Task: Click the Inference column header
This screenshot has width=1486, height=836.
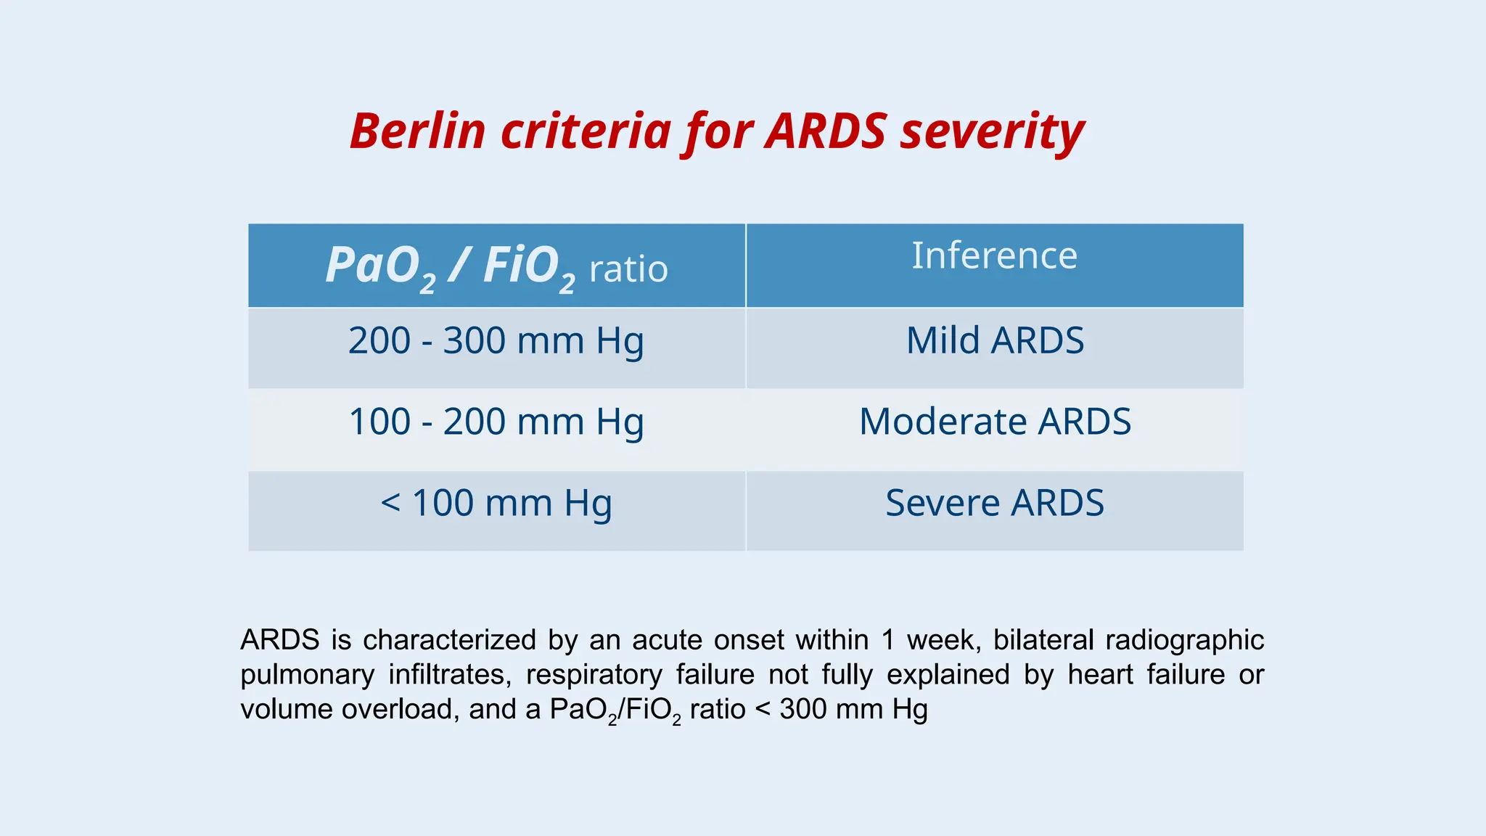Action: point(994,255)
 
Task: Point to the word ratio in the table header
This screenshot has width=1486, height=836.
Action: point(628,269)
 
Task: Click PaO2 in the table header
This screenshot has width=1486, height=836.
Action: point(380,266)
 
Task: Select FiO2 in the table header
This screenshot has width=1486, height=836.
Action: point(529,266)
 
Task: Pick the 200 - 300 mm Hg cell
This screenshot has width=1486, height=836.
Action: point(496,341)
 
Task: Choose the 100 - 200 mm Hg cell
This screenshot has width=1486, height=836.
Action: point(496,422)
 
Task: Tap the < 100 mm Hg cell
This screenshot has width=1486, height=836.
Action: point(496,504)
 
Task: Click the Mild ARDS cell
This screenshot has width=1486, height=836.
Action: point(995,341)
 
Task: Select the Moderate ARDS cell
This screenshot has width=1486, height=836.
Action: point(995,422)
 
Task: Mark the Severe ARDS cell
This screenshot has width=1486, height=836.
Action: point(995,504)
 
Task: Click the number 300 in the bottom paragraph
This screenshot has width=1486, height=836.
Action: point(802,709)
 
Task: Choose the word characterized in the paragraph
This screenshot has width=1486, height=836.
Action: point(450,640)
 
